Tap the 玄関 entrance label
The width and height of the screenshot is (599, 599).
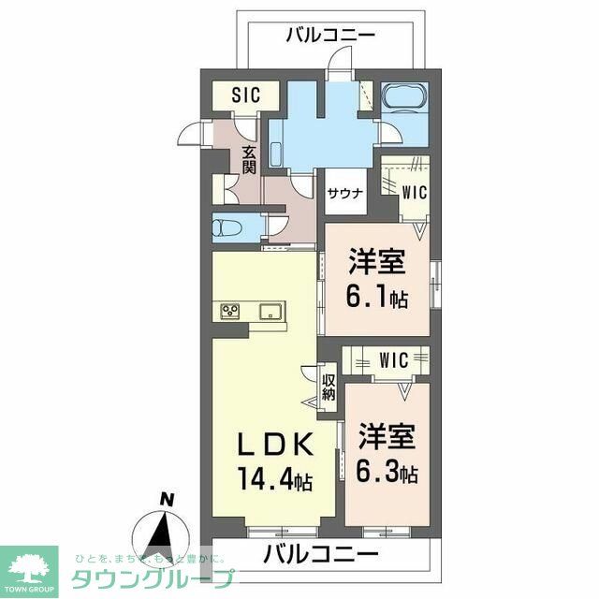[x=249, y=160]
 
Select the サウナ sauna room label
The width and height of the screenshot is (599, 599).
[x=341, y=195]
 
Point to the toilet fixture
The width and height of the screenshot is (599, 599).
[x=227, y=228]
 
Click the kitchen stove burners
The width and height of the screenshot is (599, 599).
[x=230, y=311]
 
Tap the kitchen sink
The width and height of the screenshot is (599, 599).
[x=270, y=311]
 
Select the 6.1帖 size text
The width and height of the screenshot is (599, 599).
[x=378, y=298]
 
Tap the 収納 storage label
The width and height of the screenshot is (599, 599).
[x=329, y=387]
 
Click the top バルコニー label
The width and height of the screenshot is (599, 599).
[x=329, y=36]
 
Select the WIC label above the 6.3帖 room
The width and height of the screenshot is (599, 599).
[x=392, y=359]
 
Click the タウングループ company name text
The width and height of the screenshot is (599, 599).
[x=150, y=578]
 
